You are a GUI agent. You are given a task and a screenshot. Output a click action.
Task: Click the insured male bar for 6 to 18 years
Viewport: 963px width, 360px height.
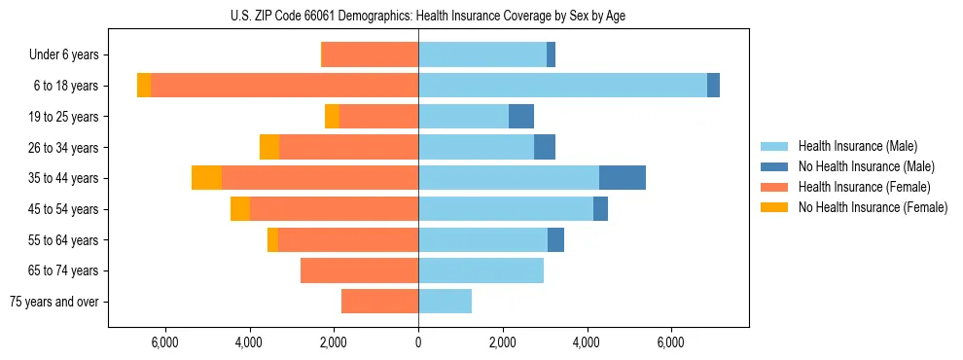562,86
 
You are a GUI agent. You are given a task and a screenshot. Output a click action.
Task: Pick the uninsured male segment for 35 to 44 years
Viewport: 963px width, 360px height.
623,178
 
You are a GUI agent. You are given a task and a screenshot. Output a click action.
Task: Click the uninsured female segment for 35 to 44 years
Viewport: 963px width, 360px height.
206,178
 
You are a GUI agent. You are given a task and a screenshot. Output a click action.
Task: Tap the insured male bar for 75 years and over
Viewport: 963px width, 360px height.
445,302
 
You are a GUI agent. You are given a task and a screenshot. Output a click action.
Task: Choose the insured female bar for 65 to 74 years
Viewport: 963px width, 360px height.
359,270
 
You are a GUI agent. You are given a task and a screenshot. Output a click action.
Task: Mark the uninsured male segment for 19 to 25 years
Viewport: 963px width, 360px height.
521,117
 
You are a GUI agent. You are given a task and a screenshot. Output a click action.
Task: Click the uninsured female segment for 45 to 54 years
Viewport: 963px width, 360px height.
240,209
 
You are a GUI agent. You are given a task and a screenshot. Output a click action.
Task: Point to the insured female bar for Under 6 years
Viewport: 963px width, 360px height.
370,54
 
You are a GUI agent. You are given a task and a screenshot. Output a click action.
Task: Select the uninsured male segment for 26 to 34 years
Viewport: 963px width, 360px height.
545,147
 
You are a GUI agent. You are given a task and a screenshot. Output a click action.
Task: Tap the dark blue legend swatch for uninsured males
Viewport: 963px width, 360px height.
774,166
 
